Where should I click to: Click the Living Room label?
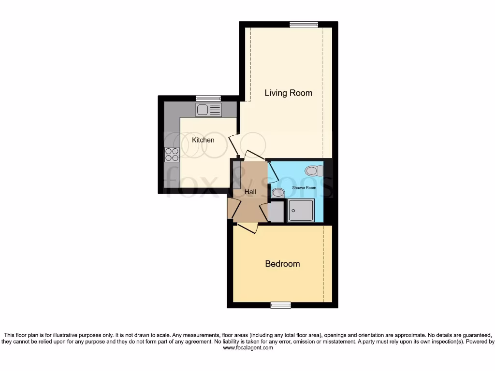pyautogui.click(x=288, y=93)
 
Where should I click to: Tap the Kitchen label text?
pyautogui.click(x=203, y=140)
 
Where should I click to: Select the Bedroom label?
pyautogui.click(x=282, y=264)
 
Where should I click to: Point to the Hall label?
pyautogui.click(x=250, y=192)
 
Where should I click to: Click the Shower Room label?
pyautogui.click(x=304, y=187)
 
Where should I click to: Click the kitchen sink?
pyautogui.click(x=208, y=110)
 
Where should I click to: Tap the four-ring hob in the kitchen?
pyautogui.click(x=172, y=154)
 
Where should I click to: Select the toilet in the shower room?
pyautogui.click(x=314, y=171)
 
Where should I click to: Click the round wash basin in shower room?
pyautogui.click(x=278, y=193)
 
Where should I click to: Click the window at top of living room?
pyautogui.click(x=304, y=25)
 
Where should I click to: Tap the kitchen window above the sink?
pyautogui.click(x=208, y=99)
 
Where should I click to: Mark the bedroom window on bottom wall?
pyautogui.click(x=280, y=305)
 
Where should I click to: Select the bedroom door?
pyautogui.click(x=246, y=228)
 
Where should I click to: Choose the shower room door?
pyautogui.click(x=272, y=171)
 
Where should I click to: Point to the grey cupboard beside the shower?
pyautogui.click(x=276, y=212)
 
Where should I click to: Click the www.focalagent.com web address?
pyautogui.click(x=248, y=347)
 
